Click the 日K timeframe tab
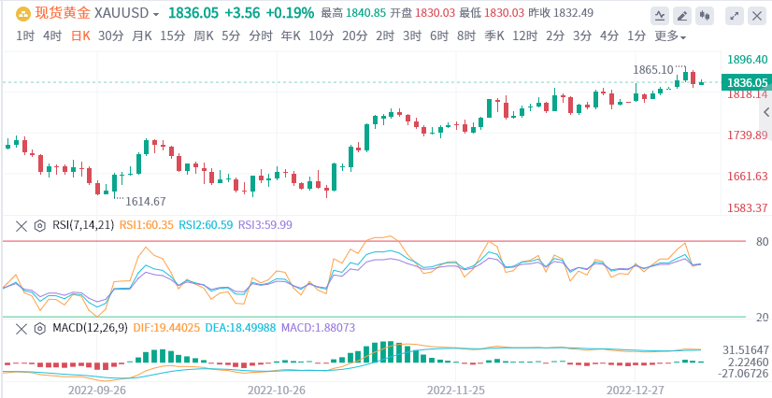pos(82,36)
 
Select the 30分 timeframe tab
pos(110,36)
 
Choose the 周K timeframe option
pos(203,36)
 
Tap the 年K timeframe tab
pos(290,36)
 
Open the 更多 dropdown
pos(670,36)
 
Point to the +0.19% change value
pos(289,14)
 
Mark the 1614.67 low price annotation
pos(145,201)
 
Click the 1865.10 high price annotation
pos(653,69)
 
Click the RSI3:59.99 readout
pos(265,225)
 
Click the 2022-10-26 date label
pos(277,388)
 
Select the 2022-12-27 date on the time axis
pos(636,388)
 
